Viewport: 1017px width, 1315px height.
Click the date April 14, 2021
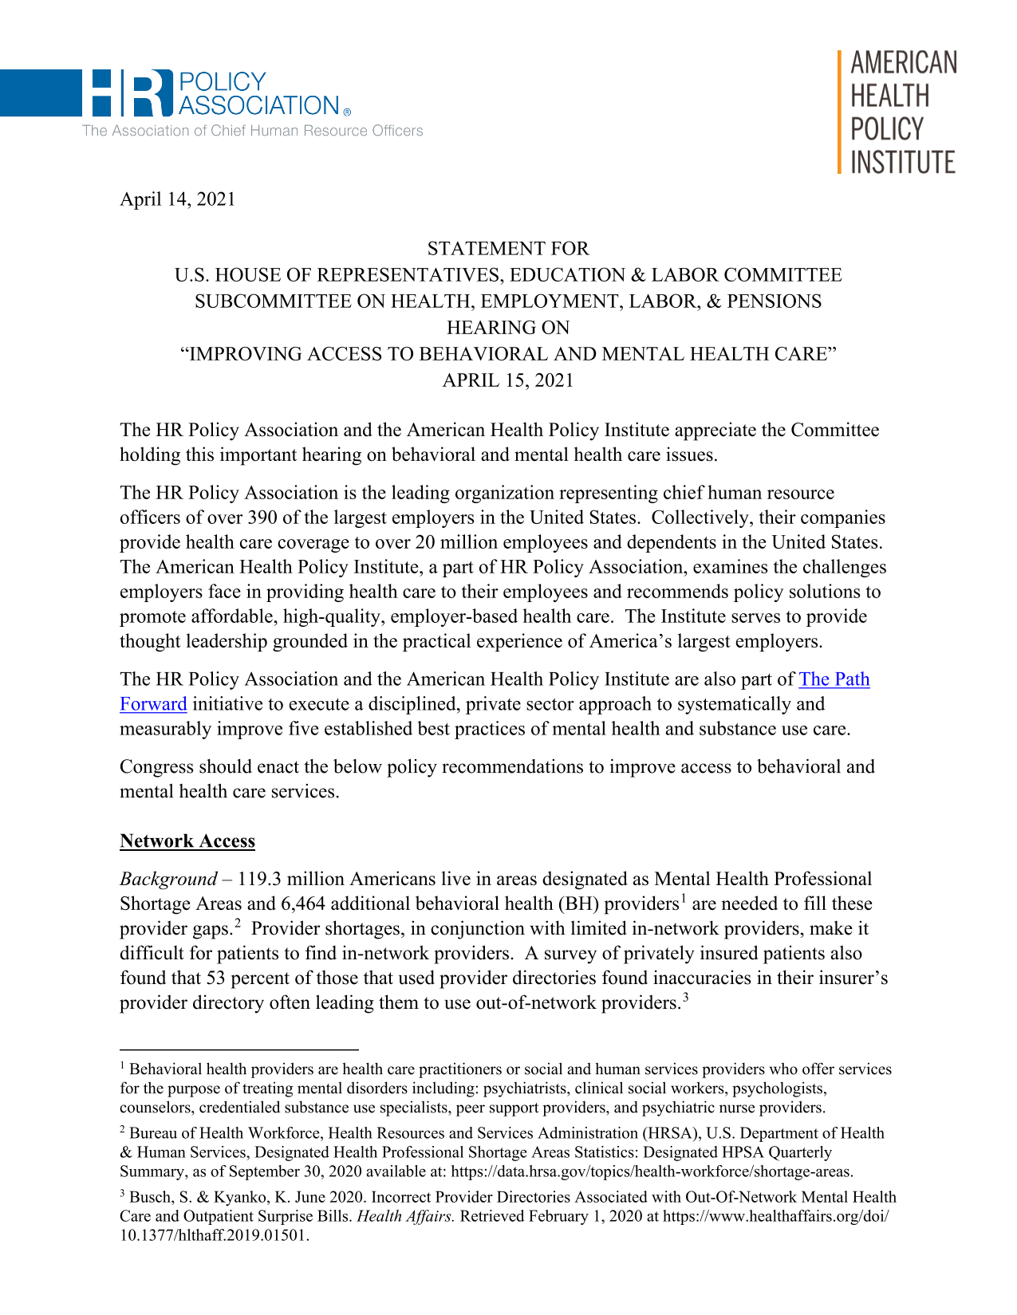click(x=177, y=199)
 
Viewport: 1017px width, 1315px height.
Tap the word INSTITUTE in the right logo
click(x=902, y=163)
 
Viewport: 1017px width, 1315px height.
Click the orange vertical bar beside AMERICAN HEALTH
click(x=840, y=112)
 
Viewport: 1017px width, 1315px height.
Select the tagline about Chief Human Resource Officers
click(x=252, y=131)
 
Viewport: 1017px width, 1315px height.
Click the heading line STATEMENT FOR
click(x=508, y=249)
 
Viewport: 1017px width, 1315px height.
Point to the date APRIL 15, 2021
click(x=508, y=380)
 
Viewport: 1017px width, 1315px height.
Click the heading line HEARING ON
click(x=508, y=328)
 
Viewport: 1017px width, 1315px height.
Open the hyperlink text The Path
click(x=834, y=679)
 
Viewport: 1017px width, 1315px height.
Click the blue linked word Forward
click(x=153, y=704)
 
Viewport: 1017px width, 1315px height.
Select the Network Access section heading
click(x=187, y=841)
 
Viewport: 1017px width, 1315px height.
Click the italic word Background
click(x=168, y=880)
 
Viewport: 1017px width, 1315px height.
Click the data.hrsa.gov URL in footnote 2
click(x=652, y=1171)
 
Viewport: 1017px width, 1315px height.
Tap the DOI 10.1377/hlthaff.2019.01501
click(x=214, y=1235)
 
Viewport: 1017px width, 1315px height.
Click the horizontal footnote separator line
click(x=239, y=1050)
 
